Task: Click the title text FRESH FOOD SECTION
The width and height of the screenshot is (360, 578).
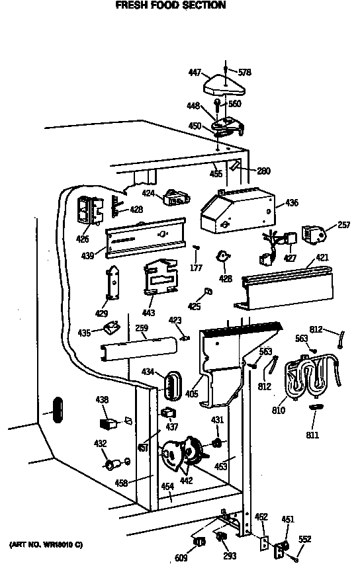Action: coord(171,5)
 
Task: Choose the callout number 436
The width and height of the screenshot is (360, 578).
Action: coord(291,204)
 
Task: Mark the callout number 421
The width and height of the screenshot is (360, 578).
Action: coord(322,257)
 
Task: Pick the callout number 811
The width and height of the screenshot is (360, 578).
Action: coord(312,435)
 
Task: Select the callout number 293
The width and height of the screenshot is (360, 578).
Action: coord(230,556)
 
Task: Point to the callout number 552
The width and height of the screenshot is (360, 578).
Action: coord(304,539)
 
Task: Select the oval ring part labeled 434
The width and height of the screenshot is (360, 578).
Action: coord(173,384)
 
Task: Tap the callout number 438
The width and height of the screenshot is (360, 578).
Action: coord(102,399)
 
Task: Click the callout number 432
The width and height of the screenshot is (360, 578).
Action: coord(100,444)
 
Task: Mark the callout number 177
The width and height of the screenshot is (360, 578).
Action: coord(196,268)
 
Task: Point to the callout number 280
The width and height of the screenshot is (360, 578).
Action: coord(263,171)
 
